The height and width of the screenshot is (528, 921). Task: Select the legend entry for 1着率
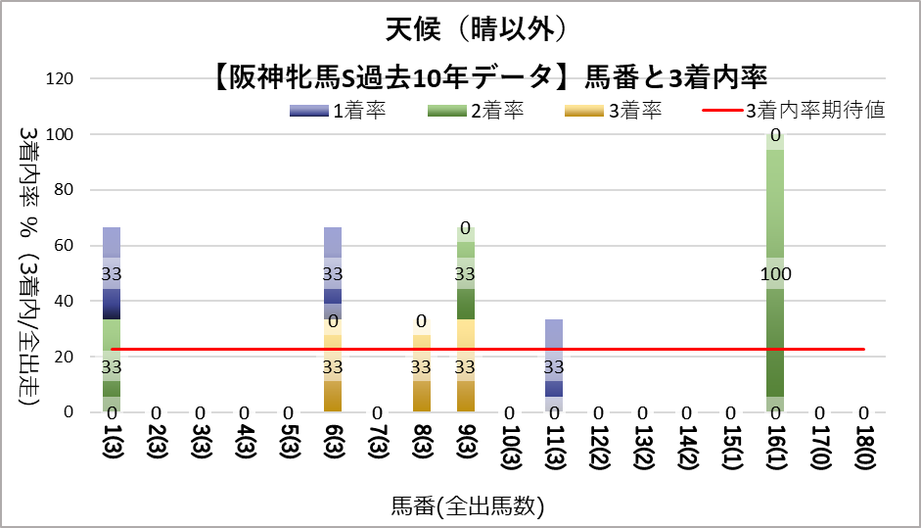pos(337,111)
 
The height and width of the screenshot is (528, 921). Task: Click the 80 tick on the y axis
pos(78,190)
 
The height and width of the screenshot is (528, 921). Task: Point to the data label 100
pos(775,274)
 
